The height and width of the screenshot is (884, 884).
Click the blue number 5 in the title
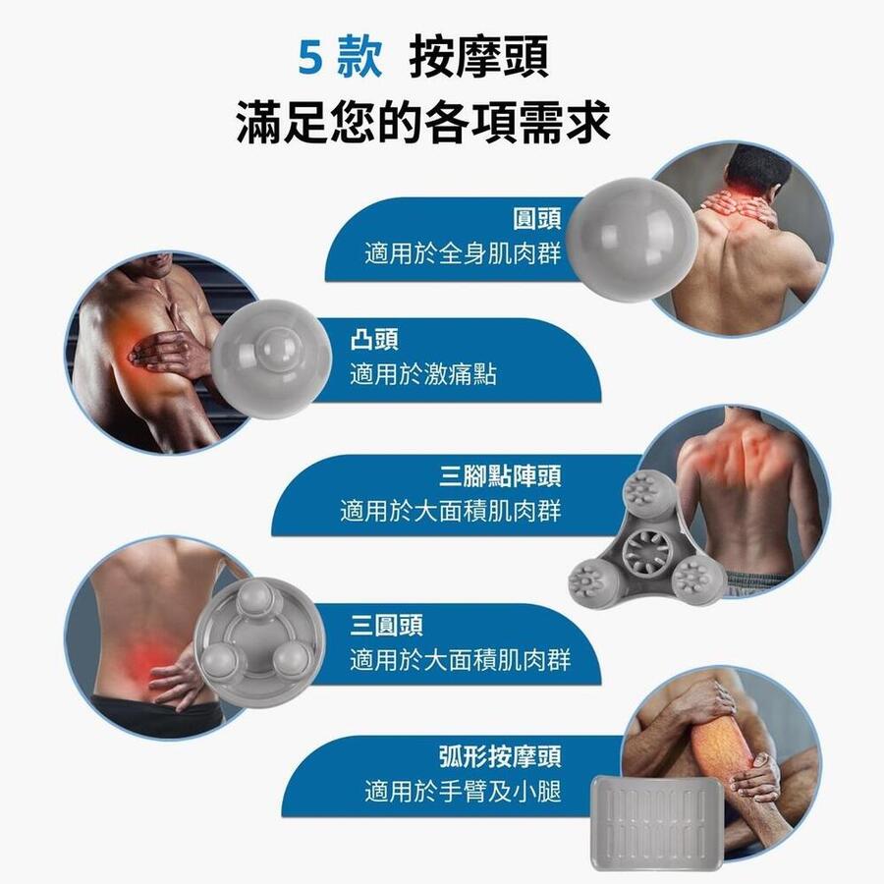tap(310, 58)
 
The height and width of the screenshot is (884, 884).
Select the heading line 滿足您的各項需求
tap(423, 123)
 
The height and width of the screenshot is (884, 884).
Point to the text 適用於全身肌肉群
tap(463, 253)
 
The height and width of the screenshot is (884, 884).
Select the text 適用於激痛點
tap(423, 374)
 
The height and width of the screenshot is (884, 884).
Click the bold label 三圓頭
tap(387, 625)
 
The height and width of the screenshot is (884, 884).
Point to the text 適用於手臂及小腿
tap(463, 792)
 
